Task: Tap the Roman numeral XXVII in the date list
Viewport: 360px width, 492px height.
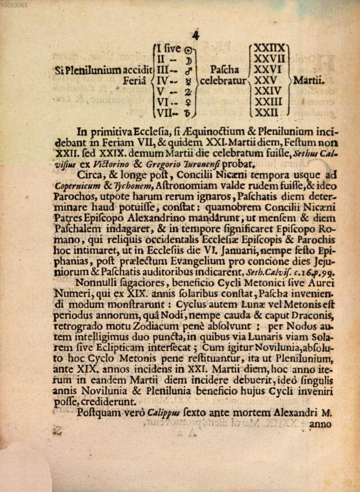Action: pyautogui.click(x=270, y=59)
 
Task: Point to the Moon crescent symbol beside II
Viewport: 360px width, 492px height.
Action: pyautogui.click(x=189, y=59)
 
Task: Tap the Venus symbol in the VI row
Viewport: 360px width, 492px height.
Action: pyautogui.click(x=188, y=102)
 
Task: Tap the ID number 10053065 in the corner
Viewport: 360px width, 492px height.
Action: pyautogui.click(x=14, y=5)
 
